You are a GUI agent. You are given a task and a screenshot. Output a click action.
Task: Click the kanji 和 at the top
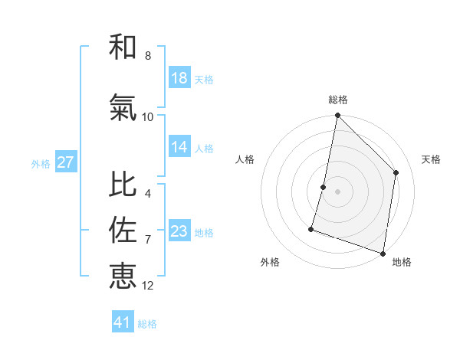tap(123, 47)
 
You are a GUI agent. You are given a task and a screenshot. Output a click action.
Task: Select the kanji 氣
tap(123, 108)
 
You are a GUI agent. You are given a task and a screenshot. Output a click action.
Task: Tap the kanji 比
tap(123, 185)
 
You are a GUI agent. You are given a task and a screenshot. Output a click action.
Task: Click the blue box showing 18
tap(179, 78)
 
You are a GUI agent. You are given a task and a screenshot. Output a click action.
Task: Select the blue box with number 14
tap(179, 147)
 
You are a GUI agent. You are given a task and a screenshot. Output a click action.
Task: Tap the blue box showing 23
tap(179, 231)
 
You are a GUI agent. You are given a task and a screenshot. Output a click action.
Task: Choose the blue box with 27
tap(65, 162)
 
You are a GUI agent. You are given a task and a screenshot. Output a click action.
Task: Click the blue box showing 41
tap(123, 322)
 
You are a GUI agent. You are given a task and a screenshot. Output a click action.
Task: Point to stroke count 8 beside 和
tap(148, 56)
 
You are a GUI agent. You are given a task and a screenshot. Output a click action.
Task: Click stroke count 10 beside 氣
tap(148, 116)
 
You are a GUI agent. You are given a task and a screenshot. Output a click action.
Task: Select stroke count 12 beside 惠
tap(148, 286)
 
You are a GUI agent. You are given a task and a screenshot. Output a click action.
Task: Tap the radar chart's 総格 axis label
tap(338, 100)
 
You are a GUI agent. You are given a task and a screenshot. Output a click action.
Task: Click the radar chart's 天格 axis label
tap(431, 159)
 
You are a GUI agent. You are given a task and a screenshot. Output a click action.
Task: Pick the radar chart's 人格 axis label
tap(245, 159)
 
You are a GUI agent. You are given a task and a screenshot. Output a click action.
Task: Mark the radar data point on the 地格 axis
tap(383, 253)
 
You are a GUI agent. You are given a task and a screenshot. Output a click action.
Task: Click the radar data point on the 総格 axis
tap(337, 116)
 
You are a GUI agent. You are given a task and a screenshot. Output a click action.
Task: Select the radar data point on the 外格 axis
tap(311, 228)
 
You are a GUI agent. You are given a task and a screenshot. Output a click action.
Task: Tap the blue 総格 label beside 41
tap(147, 324)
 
